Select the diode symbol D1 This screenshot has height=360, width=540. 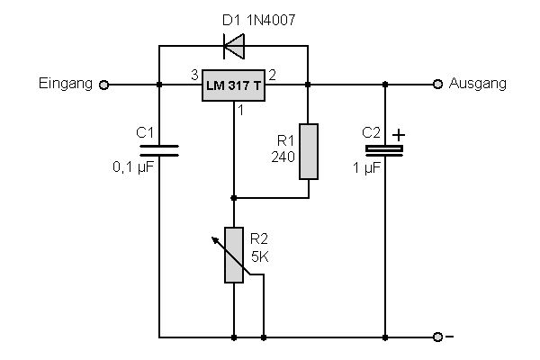233,43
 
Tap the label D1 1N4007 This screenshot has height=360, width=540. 232,17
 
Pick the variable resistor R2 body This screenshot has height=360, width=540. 233,256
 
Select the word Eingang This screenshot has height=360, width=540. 67,84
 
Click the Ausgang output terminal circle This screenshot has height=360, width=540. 438,85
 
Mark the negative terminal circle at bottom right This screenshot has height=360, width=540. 438,337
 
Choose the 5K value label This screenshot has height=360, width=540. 260,256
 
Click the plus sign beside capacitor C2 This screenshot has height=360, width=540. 400,135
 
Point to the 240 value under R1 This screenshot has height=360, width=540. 283,156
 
